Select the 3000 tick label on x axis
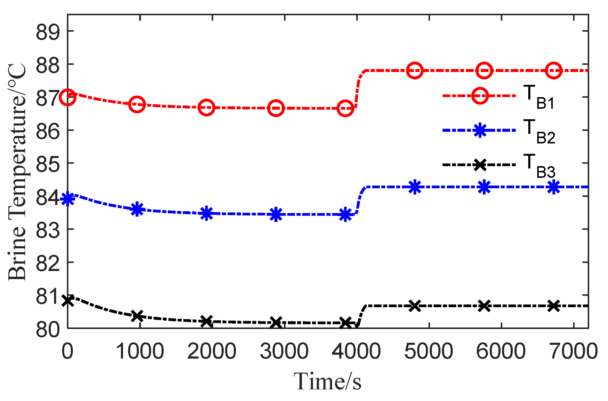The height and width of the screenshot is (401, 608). pyautogui.click(x=284, y=351)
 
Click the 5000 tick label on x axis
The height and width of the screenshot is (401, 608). pyautogui.click(x=429, y=351)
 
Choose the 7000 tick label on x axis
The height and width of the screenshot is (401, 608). pyautogui.click(x=573, y=351)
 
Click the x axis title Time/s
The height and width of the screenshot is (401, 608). pyautogui.click(x=328, y=382)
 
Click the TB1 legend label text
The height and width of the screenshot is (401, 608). pyautogui.click(x=539, y=97)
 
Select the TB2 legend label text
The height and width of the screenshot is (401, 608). pyautogui.click(x=539, y=131)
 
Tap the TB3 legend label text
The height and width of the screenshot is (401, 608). pyautogui.click(x=539, y=166)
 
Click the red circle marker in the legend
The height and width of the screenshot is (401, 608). pyautogui.click(x=480, y=96)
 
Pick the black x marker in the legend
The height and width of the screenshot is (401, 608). pyautogui.click(x=480, y=165)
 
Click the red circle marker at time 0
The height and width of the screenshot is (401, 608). pyautogui.click(x=68, y=97)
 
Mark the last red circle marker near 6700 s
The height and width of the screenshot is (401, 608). pyautogui.click(x=553, y=71)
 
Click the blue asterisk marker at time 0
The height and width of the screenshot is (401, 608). pyautogui.click(x=68, y=199)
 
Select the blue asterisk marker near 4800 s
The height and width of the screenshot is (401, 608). pyautogui.click(x=415, y=187)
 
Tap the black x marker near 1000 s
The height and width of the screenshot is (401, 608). pyautogui.click(x=137, y=316)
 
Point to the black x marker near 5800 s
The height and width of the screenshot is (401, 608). pyautogui.click(x=484, y=306)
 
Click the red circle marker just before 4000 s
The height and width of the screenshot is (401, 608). pyautogui.click(x=345, y=108)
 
